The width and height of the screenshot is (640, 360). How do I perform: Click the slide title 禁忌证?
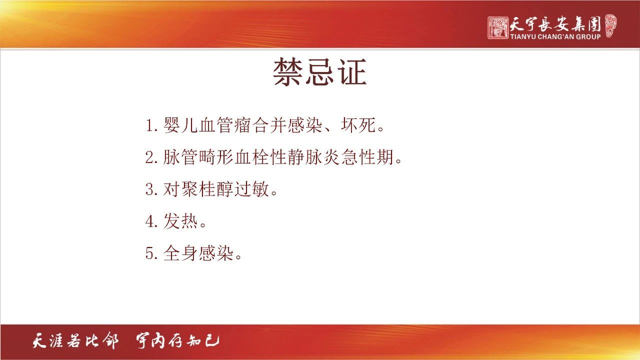coord(319,71)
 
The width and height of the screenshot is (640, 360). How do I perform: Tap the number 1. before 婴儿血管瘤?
coord(151,125)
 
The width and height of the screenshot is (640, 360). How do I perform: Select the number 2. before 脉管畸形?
coord(151,157)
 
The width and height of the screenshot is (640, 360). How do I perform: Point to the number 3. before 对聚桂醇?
coord(151,189)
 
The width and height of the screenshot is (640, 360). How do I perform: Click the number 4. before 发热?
coord(151,221)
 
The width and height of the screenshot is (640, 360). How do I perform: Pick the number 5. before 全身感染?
coord(151,253)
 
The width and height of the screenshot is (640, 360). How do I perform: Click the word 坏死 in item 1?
coord(358,125)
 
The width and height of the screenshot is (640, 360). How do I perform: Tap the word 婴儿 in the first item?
coord(180,125)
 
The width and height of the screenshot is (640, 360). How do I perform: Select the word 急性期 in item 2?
coord(367,157)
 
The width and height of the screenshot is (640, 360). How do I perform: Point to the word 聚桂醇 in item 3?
coord(207,189)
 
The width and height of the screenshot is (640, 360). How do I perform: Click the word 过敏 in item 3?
coord(251,189)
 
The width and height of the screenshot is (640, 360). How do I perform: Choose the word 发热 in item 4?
coord(180,221)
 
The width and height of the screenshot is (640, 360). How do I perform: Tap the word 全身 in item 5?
coord(180,253)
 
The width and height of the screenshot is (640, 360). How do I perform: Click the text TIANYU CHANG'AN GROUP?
coord(555,37)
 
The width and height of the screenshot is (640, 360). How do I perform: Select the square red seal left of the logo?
coord(498,27)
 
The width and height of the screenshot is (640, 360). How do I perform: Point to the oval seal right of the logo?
coord(611,25)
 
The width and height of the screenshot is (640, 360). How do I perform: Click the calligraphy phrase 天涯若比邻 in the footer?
coord(75,340)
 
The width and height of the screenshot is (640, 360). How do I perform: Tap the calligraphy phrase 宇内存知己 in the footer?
coord(177,340)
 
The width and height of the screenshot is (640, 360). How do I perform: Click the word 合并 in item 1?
coord(269,125)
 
